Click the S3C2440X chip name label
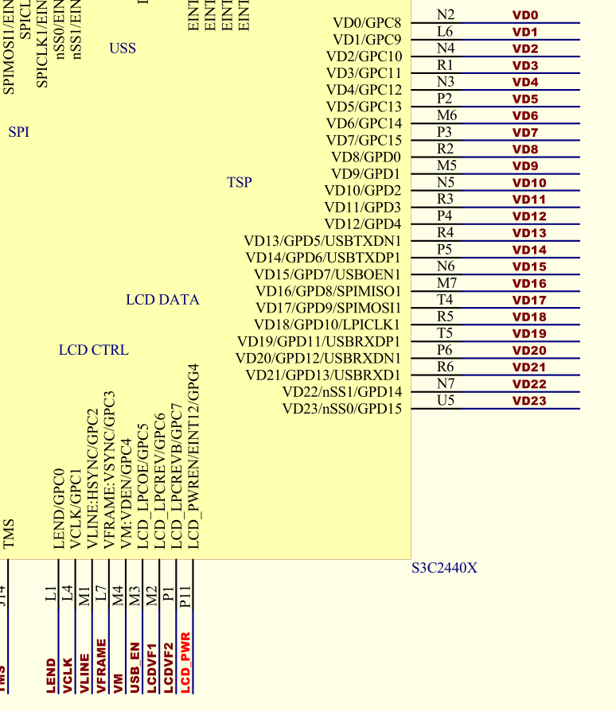(x=444, y=568)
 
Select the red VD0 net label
(x=525, y=15)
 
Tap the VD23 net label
(x=529, y=401)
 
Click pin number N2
(x=446, y=14)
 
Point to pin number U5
(x=446, y=400)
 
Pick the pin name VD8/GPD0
(x=366, y=157)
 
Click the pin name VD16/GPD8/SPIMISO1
(x=328, y=291)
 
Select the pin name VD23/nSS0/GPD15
(x=341, y=409)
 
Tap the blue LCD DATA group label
(x=162, y=300)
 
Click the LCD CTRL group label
(x=93, y=350)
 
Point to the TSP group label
(x=239, y=182)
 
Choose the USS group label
(x=123, y=49)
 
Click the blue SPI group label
(x=18, y=132)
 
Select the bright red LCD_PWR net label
(x=185, y=662)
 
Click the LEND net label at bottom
(x=52, y=674)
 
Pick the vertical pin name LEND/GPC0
(x=58, y=508)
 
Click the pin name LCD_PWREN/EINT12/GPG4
(x=192, y=457)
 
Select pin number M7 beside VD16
(x=446, y=283)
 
